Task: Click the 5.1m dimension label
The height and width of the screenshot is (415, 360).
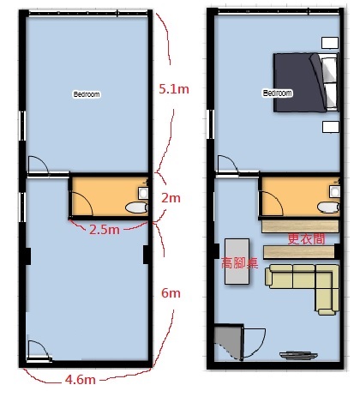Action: pos(174,89)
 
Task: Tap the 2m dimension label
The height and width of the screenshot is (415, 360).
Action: pos(171,198)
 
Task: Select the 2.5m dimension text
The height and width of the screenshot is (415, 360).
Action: pos(105,229)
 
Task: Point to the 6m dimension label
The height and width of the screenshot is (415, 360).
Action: pos(171,293)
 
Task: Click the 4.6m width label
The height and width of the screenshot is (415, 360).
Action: pos(81,380)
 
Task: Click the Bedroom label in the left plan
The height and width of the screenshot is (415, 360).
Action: pos(87,94)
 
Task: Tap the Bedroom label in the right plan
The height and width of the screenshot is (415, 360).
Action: pos(278,93)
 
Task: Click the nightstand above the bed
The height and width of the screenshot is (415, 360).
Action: pos(330,43)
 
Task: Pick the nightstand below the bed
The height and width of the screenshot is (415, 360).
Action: pos(331,127)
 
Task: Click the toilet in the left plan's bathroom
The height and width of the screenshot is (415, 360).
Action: pos(136,207)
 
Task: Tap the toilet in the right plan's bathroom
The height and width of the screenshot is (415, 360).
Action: pos(328,207)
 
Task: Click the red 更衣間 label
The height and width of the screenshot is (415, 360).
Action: pos(306,239)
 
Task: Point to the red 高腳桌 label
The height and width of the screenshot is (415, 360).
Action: pos(240,263)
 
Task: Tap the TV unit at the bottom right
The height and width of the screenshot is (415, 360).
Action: pos(298,355)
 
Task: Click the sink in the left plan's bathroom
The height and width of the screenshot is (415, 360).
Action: pos(143,193)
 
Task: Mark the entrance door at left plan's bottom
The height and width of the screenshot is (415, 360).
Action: pos(39,351)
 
